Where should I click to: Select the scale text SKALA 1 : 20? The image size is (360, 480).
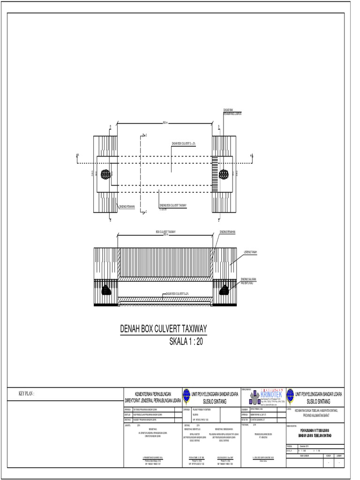(186, 342)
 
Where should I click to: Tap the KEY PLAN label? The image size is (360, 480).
(26, 394)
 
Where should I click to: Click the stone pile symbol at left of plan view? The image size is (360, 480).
(105, 174)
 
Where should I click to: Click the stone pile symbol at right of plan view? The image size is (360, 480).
(224, 174)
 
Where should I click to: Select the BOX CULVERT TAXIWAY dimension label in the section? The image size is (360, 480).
(166, 232)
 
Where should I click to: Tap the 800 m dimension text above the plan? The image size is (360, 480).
(165, 123)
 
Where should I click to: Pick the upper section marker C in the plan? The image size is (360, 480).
(146, 135)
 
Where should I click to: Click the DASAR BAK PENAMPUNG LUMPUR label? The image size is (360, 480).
(232, 111)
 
